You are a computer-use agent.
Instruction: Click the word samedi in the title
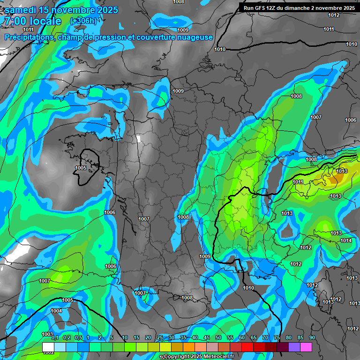(21, 10)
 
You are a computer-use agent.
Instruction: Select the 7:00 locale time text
(32, 21)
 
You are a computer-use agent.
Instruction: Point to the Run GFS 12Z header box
(299, 8)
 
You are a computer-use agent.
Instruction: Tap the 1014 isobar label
(346, 240)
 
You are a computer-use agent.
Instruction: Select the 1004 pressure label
(56, 311)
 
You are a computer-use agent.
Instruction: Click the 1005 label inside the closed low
(81, 168)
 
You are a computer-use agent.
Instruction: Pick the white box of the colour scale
(48, 347)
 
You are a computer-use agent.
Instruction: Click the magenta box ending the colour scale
(306, 347)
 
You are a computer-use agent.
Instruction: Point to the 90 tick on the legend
(312, 338)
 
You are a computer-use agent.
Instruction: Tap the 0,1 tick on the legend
(55, 338)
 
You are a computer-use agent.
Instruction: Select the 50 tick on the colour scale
(218, 338)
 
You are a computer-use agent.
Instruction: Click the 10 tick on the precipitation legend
(125, 338)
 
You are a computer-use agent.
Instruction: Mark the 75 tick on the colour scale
(277, 338)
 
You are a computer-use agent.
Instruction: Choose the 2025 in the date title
(108, 10)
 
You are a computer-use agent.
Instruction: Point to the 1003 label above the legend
(47, 334)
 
